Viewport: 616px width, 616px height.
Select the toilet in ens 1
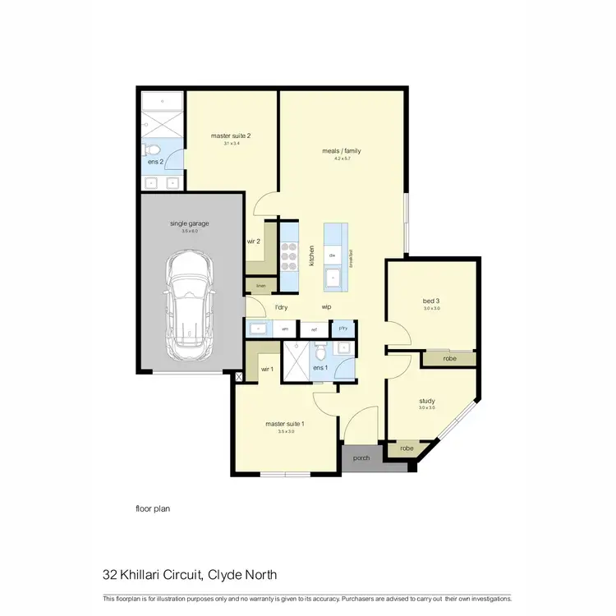click(x=321, y=352)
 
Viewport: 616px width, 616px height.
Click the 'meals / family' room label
click(x=341, y=151)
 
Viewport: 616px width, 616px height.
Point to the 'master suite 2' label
click(x=230, y=136)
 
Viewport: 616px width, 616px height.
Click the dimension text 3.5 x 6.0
click(x=191, y=232)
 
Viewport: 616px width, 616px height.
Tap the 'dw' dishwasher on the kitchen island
click(x=333, y=256)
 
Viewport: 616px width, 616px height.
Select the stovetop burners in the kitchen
click(x=289, y=255)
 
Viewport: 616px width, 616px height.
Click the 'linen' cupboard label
click(x=261, y=286)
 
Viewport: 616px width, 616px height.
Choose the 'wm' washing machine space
click(x=286, y=329)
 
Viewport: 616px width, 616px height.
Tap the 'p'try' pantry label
click(x=344, y=329)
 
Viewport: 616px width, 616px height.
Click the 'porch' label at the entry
click(x=362, y=457)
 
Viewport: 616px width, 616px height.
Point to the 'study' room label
click(x=425, y=401)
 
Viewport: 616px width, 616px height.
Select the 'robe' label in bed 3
click(x=448, y=359)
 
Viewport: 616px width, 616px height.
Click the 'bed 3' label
click(x=431, y=301)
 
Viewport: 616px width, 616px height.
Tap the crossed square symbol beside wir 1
click(x=239, y=377)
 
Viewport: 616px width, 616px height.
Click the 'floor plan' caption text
click(x=153, y=508)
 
